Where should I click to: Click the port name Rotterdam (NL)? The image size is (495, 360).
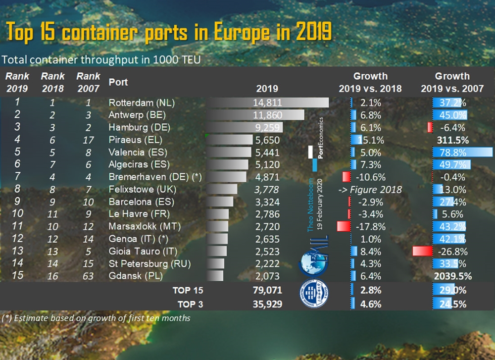pyautogui.click(x=142, y=103)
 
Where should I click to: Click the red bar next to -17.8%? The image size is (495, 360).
pyautogui.click(x=343, y=226)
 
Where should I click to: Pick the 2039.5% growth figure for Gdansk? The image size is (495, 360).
pyautogui.click(x=451, y=275)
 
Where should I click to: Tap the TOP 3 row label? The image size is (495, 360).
pyautogui.click(x=188, y=304)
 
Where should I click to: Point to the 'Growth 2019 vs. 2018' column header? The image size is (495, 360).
pyautogui.click(x=370, y=82)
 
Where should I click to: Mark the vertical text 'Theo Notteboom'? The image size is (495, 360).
pyautogui.click(x=310, y=205)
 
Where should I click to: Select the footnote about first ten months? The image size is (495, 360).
pyautogui.click(x=97, y=318)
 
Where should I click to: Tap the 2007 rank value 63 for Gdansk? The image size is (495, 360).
pyautogui.click(x=89, y=275)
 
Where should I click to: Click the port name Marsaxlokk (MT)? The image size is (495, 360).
pyautogui.click(x=143, y=226)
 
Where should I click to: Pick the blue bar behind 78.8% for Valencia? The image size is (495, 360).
pyautogui.click(x=462, y=153)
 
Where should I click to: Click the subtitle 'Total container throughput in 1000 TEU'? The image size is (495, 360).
pyautogui.click(x=104, y=59)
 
